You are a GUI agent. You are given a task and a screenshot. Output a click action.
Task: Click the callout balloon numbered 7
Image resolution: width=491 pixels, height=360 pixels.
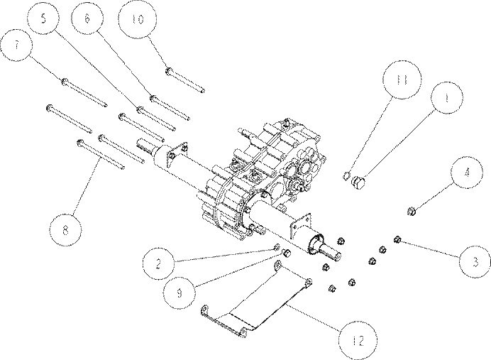[16, 45]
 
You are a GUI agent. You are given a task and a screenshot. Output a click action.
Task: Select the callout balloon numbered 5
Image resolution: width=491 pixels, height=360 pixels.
[43, 18]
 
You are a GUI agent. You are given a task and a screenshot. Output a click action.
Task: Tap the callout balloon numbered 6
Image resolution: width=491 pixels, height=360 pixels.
[87, 18]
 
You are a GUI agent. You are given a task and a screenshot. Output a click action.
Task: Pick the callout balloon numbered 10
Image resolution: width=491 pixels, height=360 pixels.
[138, 18]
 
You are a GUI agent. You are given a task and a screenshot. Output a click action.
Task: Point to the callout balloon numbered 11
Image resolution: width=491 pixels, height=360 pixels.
[402, 80]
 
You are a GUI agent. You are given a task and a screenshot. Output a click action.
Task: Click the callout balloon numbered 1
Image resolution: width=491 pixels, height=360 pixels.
[447, 97]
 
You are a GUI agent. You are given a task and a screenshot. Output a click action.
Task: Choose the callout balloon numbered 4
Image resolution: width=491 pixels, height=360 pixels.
[467, 173]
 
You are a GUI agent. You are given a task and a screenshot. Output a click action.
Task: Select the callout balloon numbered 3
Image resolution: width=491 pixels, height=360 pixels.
[475, 261]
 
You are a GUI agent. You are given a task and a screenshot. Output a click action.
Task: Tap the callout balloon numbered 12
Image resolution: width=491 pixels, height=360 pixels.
[358, 340]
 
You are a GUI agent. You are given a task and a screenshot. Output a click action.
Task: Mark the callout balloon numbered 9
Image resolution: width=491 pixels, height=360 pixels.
[180, 293]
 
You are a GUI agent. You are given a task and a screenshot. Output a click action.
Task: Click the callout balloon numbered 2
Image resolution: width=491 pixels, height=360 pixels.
[158, 263]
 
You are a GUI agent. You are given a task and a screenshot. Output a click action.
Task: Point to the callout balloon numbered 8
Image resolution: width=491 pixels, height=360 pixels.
[65, 230]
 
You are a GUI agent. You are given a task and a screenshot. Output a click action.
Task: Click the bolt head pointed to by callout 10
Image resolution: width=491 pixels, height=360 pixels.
[168, 72]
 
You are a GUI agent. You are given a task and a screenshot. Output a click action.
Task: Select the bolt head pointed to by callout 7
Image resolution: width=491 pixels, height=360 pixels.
[65, 82]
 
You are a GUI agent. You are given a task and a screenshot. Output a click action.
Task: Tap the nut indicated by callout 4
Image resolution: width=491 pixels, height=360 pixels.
[412, 212]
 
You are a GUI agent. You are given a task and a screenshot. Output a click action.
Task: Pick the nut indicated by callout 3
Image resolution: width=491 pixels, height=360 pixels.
[397, 240]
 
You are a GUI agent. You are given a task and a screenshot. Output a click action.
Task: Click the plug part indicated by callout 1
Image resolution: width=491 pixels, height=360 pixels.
[358, 182]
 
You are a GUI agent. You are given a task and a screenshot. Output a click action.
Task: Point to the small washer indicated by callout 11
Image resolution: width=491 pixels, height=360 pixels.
[346, 176]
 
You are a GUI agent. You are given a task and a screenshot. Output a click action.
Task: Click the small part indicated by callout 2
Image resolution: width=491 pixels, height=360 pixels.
[277, 247]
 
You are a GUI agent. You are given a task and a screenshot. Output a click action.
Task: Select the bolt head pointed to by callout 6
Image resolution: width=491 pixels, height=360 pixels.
[153, 99]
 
